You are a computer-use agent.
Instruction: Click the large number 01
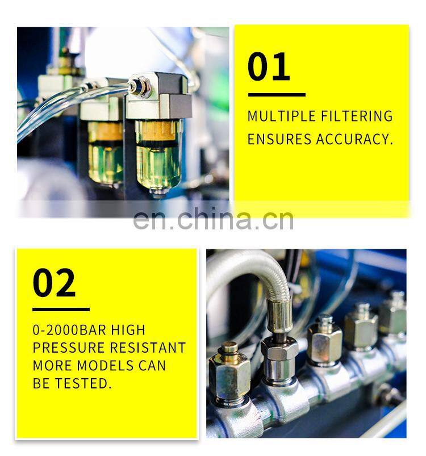tap(269, 66)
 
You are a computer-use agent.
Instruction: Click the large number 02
tap(54, 282)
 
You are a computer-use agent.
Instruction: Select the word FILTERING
tap(357, 116)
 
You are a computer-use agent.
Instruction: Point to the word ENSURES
tap(279, 139)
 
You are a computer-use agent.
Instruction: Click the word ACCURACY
tap(354, 139)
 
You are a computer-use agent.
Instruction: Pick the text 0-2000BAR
tap(69, 330)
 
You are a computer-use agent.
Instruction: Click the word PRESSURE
tap(69, 348)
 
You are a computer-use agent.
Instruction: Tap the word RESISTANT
tap(148, 348)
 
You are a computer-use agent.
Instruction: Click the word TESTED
tap(83, 383)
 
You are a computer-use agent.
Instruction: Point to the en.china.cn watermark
tap(213, 218)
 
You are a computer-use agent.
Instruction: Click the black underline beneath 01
tap(277, 95)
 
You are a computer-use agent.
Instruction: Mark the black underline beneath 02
tap(61, 309)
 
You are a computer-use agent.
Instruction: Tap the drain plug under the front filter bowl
tap(158, 192)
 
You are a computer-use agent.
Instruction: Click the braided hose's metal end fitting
tap(279, 316)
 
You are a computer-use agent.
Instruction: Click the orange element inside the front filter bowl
tap(156, 131)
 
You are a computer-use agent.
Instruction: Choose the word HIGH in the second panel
tap(128, 330)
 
